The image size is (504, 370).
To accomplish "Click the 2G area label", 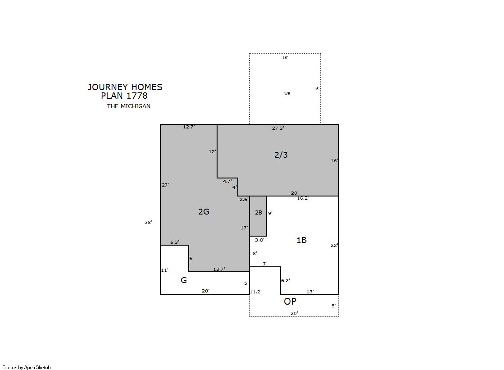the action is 204,211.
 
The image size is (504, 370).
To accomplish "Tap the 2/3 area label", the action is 281,155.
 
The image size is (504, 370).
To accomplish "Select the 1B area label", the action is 301,240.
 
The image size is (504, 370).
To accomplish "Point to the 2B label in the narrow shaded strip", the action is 259,213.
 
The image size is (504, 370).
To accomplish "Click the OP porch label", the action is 290,301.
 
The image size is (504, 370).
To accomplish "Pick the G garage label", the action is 183,280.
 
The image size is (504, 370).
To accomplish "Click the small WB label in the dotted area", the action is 287,94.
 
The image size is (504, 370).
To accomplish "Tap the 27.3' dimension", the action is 278,128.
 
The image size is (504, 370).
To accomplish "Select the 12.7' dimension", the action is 189,127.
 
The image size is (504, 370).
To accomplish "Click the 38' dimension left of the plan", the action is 148,222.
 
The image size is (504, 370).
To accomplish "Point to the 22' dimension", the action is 334,245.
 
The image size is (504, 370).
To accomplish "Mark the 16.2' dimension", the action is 303,198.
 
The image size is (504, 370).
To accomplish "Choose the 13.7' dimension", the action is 219,269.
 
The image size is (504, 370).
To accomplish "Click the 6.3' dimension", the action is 175,242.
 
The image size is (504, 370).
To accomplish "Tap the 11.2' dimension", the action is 256,292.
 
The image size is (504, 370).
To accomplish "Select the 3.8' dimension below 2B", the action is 259,240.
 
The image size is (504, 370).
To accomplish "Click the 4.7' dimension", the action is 227,181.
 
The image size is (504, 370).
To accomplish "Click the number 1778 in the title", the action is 137,96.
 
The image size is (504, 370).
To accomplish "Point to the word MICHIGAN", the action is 135,106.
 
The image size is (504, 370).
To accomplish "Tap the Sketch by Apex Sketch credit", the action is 27,367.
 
